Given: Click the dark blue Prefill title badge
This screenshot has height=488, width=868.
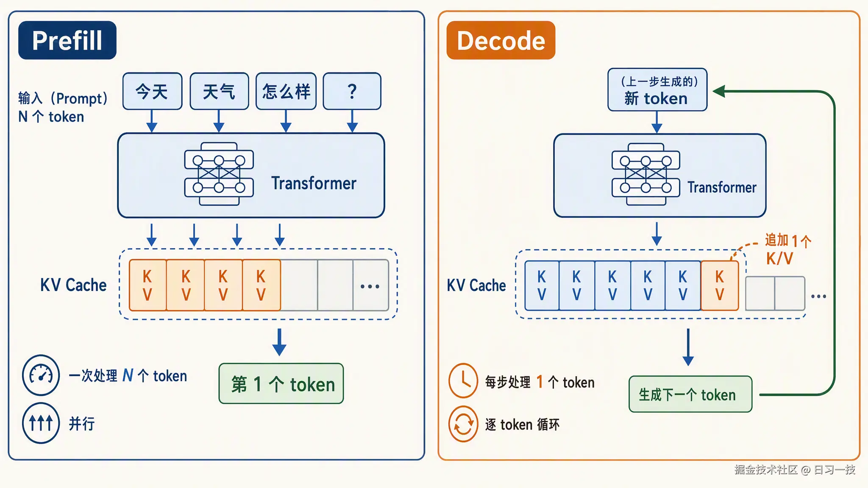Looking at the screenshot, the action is click(x=67, y=40).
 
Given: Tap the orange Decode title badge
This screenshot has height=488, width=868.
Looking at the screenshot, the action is click(x=501, y=40).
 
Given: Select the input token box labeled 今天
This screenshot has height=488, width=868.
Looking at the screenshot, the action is click(x=153, y=91).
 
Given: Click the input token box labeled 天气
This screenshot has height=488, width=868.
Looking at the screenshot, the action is click(x=219, y=91).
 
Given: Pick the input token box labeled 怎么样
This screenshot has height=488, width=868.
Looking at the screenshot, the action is click(x=286, y=91).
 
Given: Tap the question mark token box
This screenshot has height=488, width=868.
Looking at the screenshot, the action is click(x=352, y=91).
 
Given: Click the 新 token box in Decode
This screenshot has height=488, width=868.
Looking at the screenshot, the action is click(x=657, y=90).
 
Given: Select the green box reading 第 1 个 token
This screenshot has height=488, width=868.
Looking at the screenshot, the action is click(x=281, y=384).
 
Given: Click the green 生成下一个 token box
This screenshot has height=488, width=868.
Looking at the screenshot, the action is click(x=690, y=394).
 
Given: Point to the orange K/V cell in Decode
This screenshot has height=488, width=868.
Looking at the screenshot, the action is click(x=720, y=286).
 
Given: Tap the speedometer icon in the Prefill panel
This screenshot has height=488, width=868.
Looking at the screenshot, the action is click(x=41, y=375).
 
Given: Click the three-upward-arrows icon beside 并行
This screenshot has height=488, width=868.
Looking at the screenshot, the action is click(x=41, y=423).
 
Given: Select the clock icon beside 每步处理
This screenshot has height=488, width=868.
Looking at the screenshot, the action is click(x=463, y=380).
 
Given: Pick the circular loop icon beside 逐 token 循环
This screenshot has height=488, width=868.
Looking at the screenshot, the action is click(x=463, y=424).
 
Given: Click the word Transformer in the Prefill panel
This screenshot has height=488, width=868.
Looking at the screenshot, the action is click(x=314, y=183).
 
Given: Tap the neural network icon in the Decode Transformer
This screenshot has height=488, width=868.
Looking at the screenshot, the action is click(x=646, y=174).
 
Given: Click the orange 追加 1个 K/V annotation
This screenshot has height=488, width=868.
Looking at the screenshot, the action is click(x=787, y=249).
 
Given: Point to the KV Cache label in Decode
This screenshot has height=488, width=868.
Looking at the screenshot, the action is click(x=476, y=286).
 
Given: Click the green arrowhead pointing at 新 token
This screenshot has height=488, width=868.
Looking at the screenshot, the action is click(x=719, y=91).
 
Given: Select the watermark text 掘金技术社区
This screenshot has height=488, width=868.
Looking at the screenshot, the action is click(x=766, y=469).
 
